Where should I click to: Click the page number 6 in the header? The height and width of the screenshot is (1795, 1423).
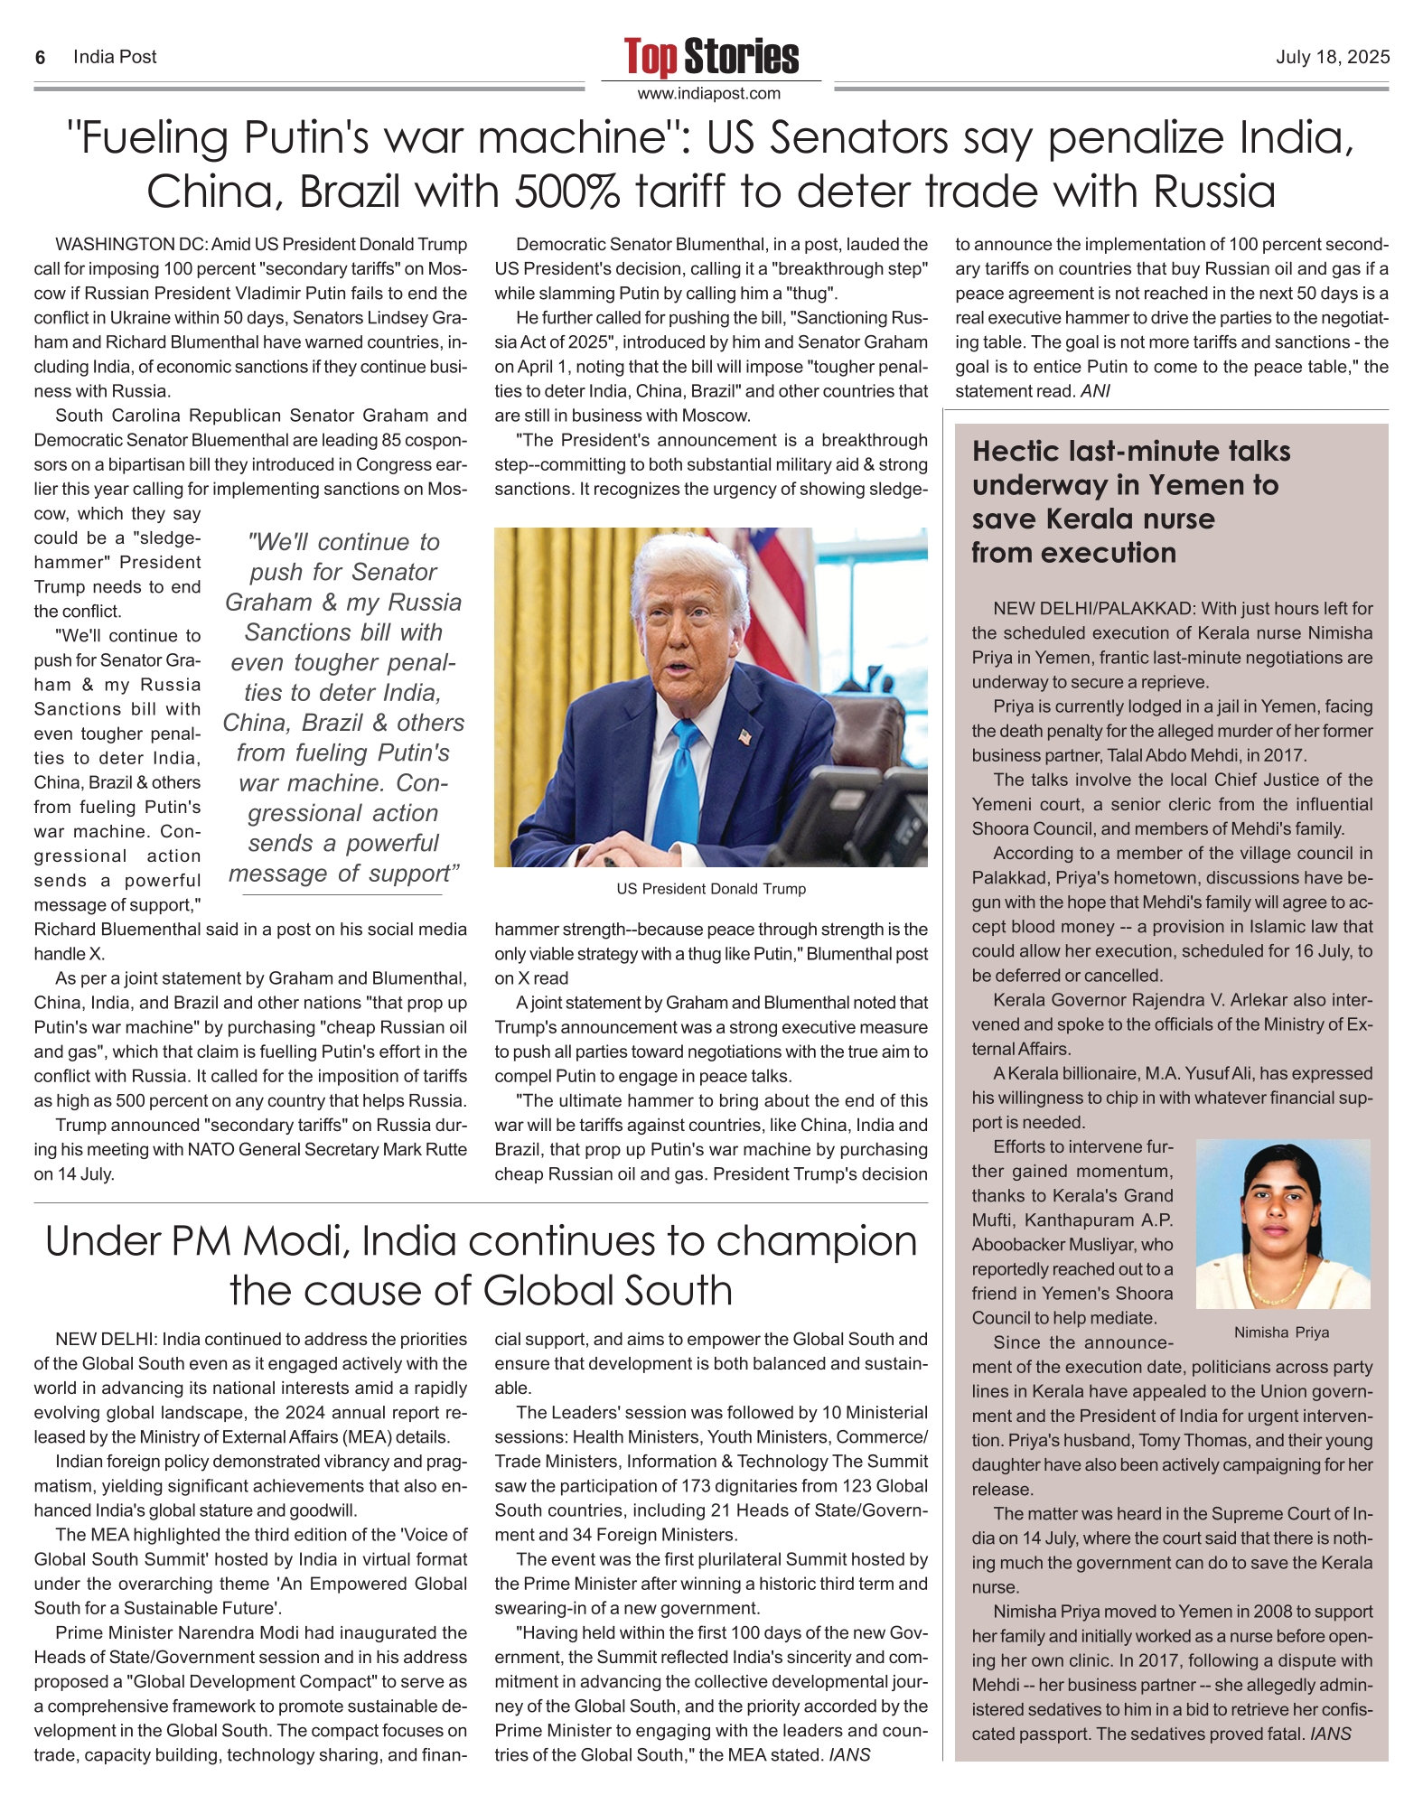tap(40, 58)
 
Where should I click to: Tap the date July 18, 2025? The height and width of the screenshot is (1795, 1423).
tap(1332, 58)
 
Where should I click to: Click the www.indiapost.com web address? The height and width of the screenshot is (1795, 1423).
tap(709, 94)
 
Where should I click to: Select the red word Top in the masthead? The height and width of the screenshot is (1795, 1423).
tap(651, 57)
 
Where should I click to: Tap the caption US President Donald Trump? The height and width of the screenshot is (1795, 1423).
tap(711, 889)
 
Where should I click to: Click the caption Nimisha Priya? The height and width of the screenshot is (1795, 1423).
tap(1281, 1332)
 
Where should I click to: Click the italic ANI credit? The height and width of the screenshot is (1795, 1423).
tap(1095, 391)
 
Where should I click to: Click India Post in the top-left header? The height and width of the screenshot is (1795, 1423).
tap(115, 58)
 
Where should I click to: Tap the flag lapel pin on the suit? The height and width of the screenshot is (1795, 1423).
tap(744, 738)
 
